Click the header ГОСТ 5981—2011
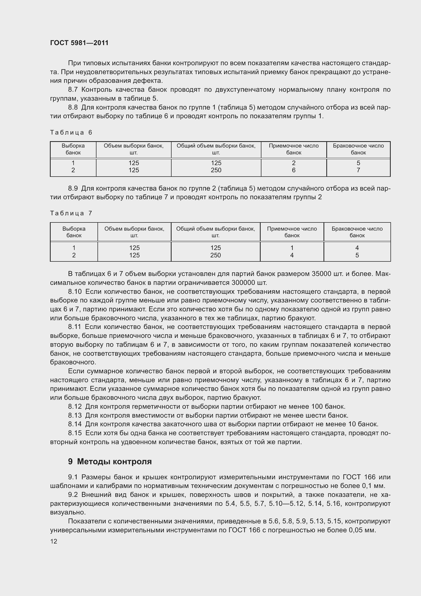point(79,43)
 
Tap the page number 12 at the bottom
point(54,541)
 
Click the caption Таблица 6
point(71,133)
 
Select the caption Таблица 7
point(71,213)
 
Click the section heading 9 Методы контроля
point(110,461)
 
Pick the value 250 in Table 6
point(216,170)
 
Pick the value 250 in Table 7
point(215,255)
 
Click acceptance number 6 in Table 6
point(293,170)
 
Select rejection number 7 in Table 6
point(358,170)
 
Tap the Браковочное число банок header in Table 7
point(357,232)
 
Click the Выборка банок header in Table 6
point(73,149)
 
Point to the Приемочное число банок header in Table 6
point(293,149)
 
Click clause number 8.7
point(73,90)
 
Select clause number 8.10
point(75,292)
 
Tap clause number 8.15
point(75,433)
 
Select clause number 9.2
point(73,495)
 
